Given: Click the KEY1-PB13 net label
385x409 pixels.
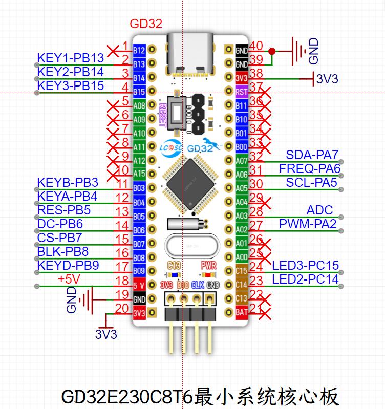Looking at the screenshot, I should point(71,57).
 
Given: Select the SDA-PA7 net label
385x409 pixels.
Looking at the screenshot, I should point(313,155).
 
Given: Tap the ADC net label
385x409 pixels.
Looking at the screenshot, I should point(319,210).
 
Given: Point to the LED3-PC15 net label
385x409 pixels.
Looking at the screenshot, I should point(305,266).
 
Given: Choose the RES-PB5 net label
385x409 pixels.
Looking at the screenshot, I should point(64,210).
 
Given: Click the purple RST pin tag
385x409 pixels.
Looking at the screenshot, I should point(242,92).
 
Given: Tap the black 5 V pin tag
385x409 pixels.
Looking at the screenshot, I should point(139,285).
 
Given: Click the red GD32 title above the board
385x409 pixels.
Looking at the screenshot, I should point(146,24).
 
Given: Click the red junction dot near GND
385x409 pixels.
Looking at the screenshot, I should point(272,51).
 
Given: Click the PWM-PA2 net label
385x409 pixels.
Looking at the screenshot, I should point(308,224).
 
